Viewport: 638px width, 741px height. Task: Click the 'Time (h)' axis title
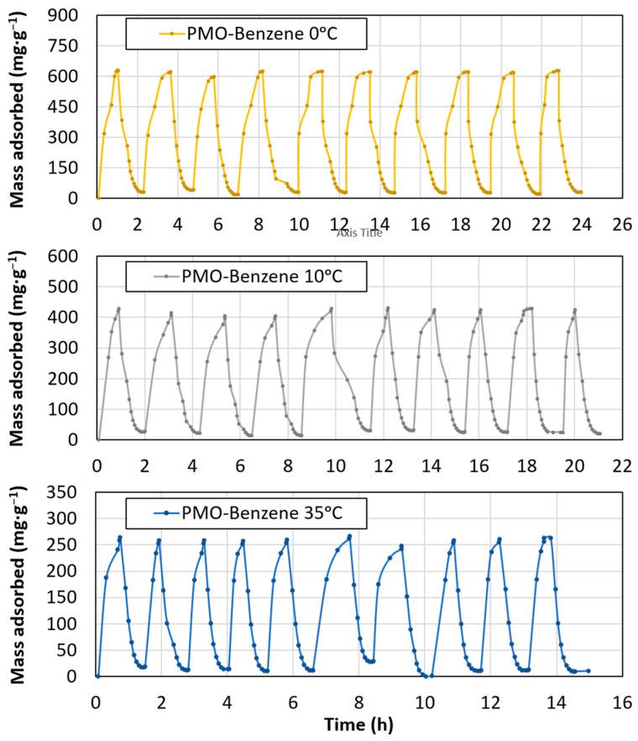click(x=359, y=723)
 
